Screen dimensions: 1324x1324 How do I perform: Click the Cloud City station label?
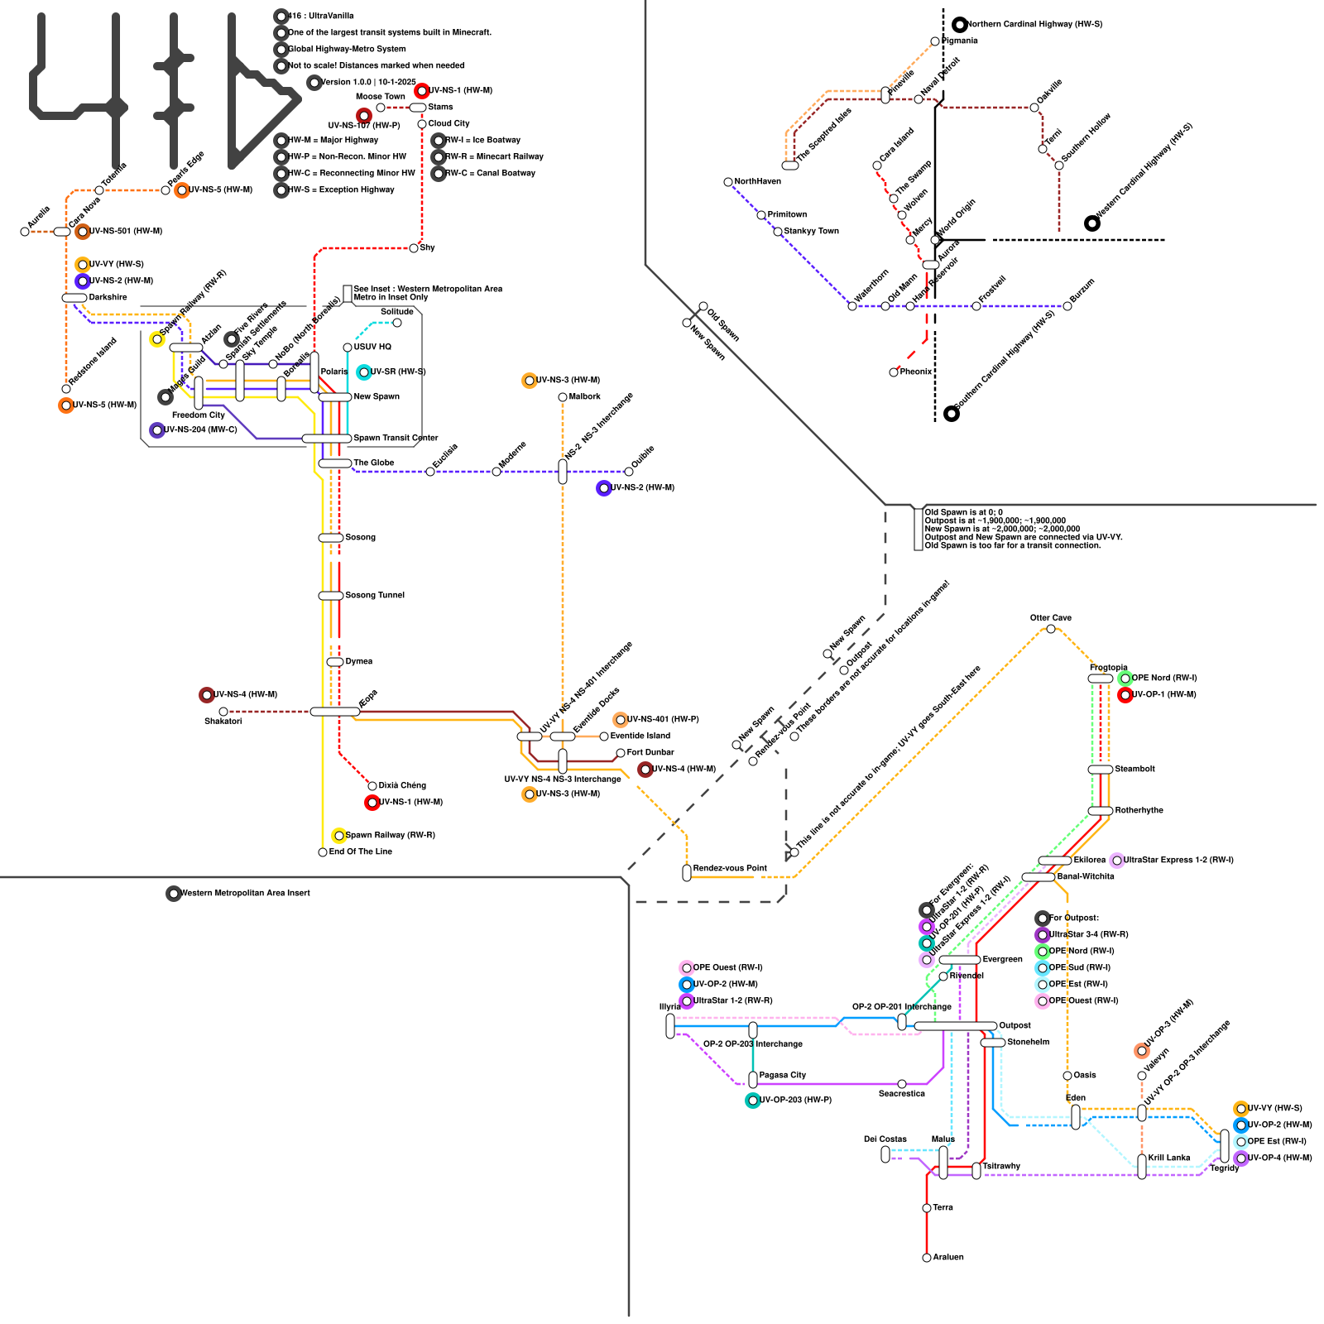click(449, 123)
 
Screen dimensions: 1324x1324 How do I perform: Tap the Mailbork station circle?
click(563, 397)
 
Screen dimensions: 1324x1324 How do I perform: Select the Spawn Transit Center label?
click(396, 438)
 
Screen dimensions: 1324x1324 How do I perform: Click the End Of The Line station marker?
click(323, 852)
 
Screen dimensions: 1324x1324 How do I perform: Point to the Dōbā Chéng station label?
click(402, 785)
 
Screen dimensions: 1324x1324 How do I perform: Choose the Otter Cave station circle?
click(1051, 629)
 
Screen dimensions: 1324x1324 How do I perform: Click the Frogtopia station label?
click(1108, 668)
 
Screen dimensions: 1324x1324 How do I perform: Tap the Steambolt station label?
click(1135, 769)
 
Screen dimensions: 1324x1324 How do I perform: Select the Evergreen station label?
click(1002, 959)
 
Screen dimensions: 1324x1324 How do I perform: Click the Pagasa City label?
click(782, 1075)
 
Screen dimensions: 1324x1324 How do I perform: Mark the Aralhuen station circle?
click(927, 1258)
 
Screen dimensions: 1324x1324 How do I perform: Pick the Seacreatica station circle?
click(902, 1084)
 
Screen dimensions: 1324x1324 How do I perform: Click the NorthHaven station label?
click(757, 181)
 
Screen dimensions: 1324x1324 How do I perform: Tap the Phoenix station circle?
click(894, 372)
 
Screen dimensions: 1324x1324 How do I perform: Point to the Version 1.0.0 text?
click(368, 82)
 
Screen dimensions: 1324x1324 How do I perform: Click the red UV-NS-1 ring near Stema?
click(422, 91)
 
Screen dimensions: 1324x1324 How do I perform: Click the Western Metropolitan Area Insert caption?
click(245, 893)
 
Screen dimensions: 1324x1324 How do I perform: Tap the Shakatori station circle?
click(223, 712)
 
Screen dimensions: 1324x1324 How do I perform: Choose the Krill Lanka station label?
click(1168, 1158)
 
